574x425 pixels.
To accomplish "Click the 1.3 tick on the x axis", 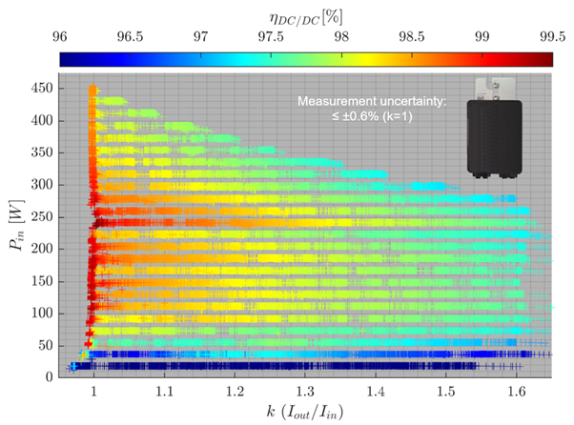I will (x=305, y=391).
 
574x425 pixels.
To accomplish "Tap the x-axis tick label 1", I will (x=94, y=391).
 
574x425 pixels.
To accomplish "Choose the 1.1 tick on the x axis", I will (x=164, y=391).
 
